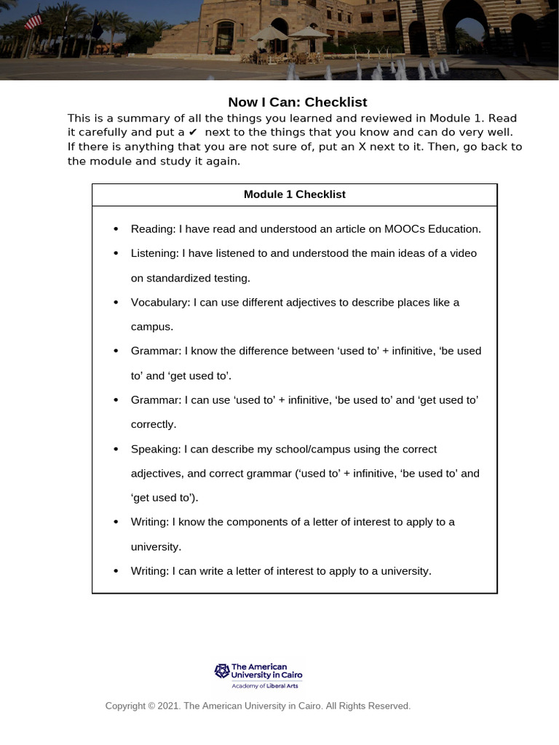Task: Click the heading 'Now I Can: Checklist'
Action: click(297, 102)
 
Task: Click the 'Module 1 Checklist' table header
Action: click(294, 194)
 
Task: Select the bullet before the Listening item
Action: click(116, 254)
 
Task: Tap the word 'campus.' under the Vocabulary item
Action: click(152, 327)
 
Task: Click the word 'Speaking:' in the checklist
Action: click(156, 449)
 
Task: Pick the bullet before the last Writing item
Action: click(116, 571)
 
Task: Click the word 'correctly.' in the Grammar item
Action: click(154, 424)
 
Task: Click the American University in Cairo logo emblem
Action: click(221, 670)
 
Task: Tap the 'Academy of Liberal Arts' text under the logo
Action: click(264, 685)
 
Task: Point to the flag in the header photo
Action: click(33, 21)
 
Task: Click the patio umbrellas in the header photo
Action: click(290, 33)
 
